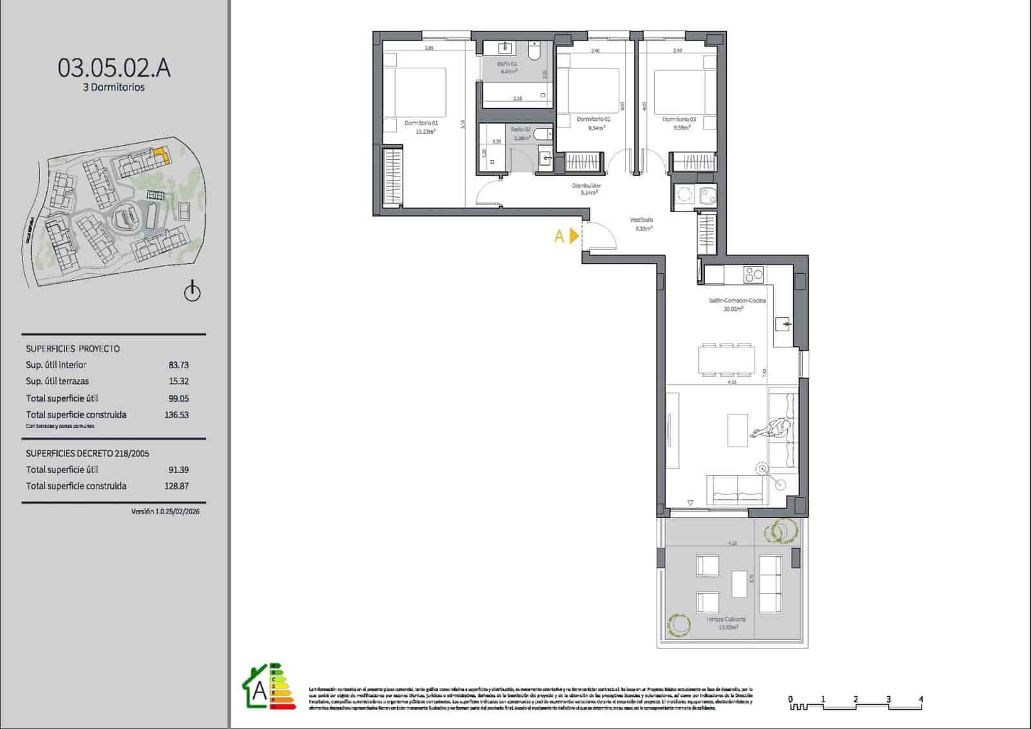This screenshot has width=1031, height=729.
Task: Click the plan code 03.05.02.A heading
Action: tap(114, 68)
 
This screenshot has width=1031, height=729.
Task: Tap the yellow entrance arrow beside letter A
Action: tap(574, 237)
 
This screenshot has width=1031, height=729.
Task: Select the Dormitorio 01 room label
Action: tap(421, 123)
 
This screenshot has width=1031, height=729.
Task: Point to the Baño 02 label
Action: tap(521, 130)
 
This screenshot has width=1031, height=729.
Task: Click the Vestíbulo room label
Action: tap(641, 220)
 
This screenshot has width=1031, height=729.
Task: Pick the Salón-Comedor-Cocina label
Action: tap(737, 301)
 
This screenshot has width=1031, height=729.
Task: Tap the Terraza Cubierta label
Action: tap(726, 619)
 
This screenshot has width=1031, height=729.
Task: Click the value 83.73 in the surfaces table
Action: tap(178, 365)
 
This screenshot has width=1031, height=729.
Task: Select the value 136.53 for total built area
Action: tap(177, 415)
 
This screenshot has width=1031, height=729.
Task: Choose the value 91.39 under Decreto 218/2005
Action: tap(178, 470)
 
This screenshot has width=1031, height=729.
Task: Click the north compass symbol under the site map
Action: tap(192, 292)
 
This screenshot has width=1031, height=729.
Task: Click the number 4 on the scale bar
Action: tap(921, 699)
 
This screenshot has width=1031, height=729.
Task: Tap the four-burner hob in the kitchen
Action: tap(753, 275)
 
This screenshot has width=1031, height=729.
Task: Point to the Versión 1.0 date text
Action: tap(165, 512)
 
